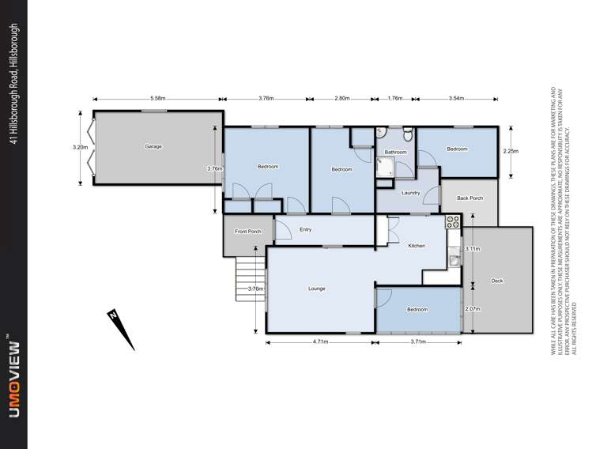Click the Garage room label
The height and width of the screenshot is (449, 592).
click(x=153, y=147)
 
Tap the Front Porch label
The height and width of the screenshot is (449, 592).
click(x=248, y=232)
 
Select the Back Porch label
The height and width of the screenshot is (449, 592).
click(x=469, y=198)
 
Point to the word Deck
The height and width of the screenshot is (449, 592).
click(x=497, y=281)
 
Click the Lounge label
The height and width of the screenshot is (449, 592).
click(x=316, y=289)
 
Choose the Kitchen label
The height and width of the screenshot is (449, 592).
click(x=417, y=246)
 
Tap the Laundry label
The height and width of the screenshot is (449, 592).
click(x=410, y=193)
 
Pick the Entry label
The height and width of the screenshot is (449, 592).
click(x=306, y=230)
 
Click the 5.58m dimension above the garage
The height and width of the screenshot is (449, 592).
click(x=157, y=99)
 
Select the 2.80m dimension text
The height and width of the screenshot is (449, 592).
click(x=341, y=99)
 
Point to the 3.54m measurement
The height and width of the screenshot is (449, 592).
click(x=455, y=99)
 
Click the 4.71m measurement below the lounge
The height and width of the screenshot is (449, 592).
click(x=320, y=341)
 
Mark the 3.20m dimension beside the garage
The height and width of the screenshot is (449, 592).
click(x=78, y=147)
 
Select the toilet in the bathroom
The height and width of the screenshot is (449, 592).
click(x=407, y=132)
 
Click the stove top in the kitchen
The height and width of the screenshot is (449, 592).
click(x=453, y=222)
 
